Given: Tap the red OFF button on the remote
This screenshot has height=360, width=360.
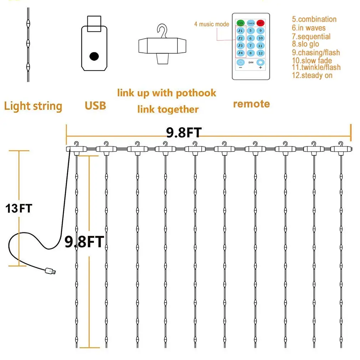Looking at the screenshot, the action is coord(261,22).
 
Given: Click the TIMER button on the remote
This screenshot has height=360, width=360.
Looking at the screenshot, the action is coord(251,22).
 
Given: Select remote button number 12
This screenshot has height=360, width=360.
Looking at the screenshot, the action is coord(261,53).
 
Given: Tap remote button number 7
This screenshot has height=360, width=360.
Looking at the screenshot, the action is coord(251,46).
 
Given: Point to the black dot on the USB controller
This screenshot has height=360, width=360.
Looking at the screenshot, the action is coord(94,56).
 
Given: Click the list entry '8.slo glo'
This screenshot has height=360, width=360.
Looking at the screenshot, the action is coord(305,44).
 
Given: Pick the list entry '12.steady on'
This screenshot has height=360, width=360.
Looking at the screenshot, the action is coord(312,75).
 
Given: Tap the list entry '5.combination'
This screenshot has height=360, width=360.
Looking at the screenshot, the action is coord(314,19).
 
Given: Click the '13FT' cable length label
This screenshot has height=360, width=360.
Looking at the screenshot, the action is coord(19,209).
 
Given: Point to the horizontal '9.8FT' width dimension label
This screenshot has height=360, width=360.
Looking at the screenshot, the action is coord(184,133).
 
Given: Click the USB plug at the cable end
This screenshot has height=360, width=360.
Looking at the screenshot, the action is coord(50,271).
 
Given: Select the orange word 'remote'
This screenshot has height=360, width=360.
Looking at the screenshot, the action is coord(251,104).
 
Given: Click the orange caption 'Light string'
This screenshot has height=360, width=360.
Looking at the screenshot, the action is coord(33,106).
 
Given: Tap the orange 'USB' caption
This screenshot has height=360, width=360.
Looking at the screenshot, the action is coord(95,106).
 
